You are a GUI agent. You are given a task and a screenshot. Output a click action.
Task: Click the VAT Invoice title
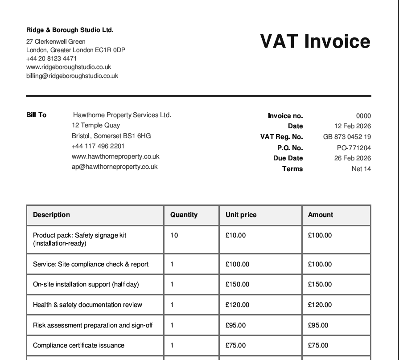tap(315, 41)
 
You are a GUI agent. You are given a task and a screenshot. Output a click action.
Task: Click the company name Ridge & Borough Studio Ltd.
tap(70, 30)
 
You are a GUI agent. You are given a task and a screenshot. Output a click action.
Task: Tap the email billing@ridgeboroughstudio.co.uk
tap(72, 76)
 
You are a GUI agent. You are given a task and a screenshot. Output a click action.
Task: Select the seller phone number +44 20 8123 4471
tap(51, 58)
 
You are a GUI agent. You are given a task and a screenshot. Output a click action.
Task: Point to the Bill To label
tap(36, 115)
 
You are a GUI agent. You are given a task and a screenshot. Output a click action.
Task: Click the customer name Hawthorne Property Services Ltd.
tap(122, 115)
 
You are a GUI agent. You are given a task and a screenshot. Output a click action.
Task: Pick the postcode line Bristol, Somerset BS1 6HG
tap(111, 136)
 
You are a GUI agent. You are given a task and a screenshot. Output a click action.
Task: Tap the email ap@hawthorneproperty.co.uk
tap(115, 167)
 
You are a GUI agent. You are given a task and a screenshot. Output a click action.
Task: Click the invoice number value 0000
tap(363, 116)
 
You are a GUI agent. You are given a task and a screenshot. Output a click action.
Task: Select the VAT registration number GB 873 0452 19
tap(347, 137)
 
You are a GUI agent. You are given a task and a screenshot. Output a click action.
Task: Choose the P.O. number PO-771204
tap(354, 148)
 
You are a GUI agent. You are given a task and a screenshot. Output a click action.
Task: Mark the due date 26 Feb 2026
tap(352, 158)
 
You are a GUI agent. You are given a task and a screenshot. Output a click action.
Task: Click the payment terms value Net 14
tap(361, 169)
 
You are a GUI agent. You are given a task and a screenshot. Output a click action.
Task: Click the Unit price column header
tap(241, 215)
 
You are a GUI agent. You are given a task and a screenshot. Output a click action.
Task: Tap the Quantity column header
tap(184, 215)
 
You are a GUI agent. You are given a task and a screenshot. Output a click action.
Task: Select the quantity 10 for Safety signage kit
tap(174, 235)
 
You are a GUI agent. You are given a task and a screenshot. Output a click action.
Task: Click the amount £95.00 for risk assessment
tap(318, 325)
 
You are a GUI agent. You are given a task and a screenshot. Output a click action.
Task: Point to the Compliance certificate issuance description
tap(78, 345)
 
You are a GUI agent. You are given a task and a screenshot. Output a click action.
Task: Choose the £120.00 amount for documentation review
tap(320, 305)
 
